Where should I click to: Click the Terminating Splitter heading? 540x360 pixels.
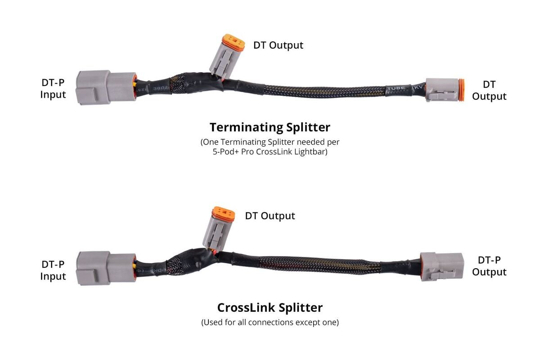[x=270, y=127]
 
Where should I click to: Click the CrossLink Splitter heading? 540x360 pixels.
[x=270, y=307]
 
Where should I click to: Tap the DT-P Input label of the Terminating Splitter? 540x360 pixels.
[x=53, y=89]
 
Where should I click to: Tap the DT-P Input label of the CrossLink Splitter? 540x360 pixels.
[x=53, y=270]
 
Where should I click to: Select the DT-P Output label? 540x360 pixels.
[x=489, y=266]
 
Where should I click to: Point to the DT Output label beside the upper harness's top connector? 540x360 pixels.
[x=278, y=45]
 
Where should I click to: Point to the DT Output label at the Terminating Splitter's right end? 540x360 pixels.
[x=489, y=90]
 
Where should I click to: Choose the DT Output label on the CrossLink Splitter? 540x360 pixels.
[x=270, y=216]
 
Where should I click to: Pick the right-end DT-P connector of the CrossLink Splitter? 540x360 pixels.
[x=441, y=267]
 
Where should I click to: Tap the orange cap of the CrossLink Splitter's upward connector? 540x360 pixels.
[x=224, y=213]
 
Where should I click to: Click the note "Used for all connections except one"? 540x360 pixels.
[x=270, y=322]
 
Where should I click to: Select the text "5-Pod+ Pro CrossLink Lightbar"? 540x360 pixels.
[x=270, y=152]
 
